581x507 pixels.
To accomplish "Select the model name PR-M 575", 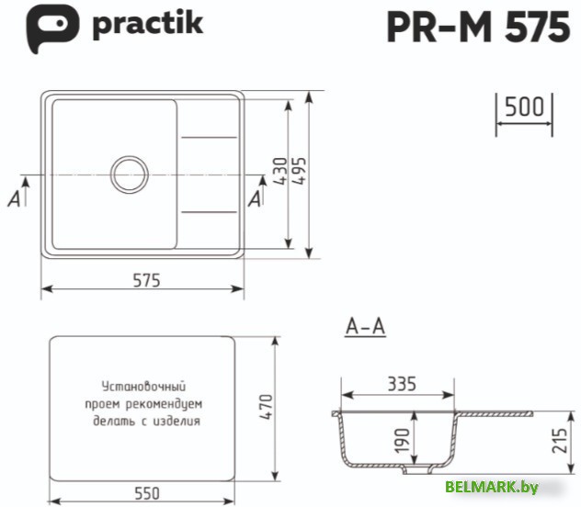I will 477,28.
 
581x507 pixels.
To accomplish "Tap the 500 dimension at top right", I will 524,107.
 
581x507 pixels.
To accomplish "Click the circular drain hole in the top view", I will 129,173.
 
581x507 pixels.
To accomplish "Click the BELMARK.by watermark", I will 491,487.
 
